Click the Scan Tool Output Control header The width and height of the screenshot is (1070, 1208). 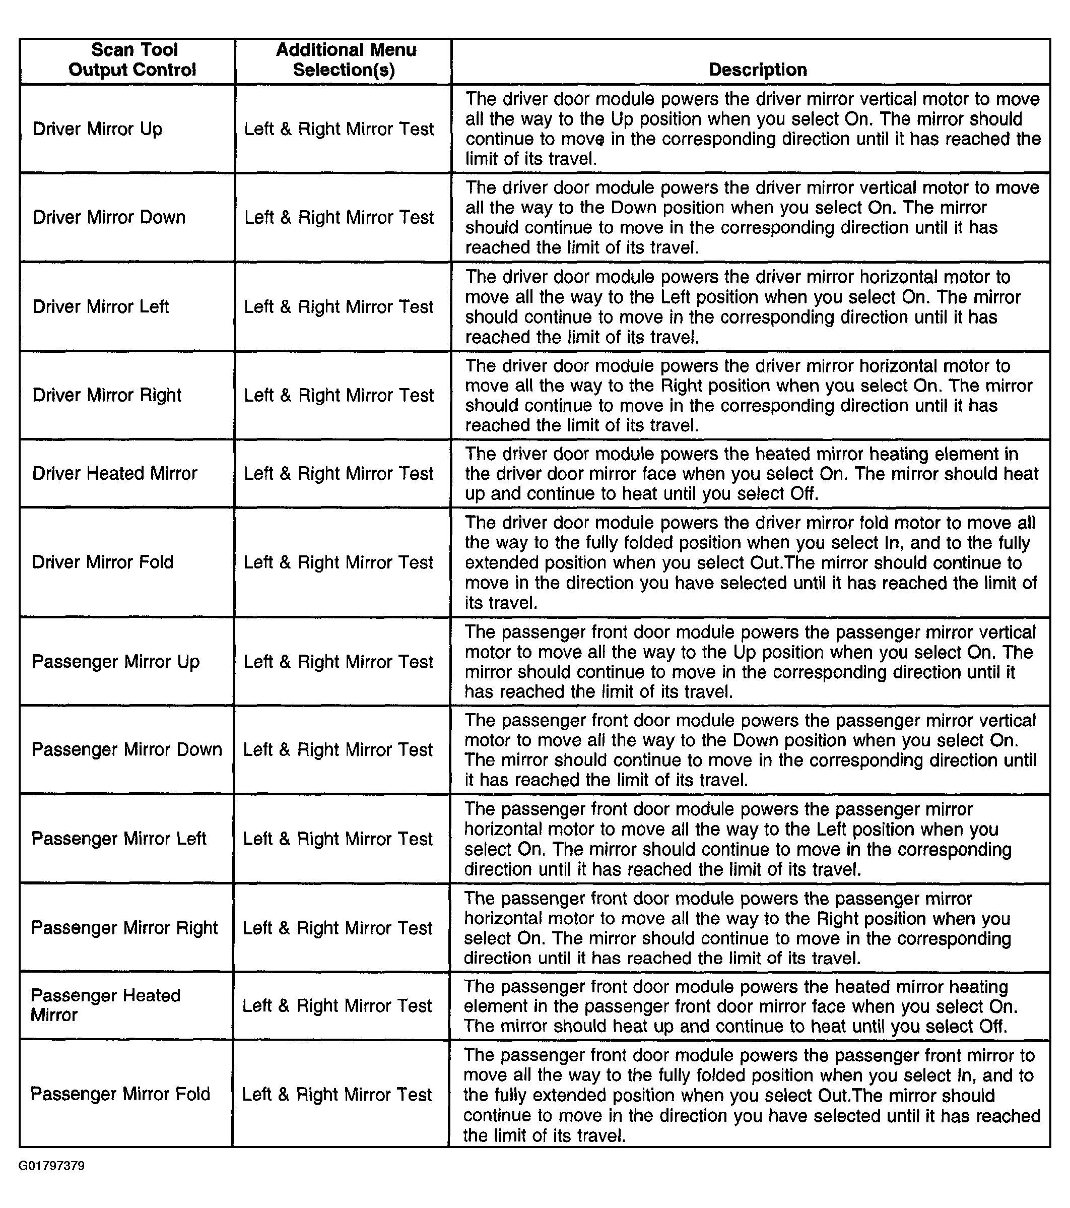pyautogui.click(x=133, y=59)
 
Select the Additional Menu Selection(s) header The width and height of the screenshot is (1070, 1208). pyautogui.click(x=345, y=59)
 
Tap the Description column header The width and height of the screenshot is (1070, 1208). pyautogui.click(x=758, y=70)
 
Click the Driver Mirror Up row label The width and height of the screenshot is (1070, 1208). pyautogui.click(x=98, y=129)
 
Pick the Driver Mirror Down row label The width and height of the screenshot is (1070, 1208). pyautogui.click(x=109, y=218)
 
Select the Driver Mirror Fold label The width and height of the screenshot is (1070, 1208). pyautogui.click(x=103, y=562)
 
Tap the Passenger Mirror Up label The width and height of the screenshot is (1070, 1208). pyautogui.click(x=116, y=662)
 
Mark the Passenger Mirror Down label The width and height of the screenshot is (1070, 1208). pyautogui.click(x=127, y=750)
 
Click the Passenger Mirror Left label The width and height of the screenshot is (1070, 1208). pyautogui.click(x=119, y=839)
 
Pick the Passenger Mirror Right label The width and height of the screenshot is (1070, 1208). pyautogui.click(x=124, y=928)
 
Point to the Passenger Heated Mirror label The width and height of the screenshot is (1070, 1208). pyautogui.click(x=106, y=1005)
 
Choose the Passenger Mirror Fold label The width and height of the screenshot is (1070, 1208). pyautogui.click(x=120, y=1094)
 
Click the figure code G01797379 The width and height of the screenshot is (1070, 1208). pyautogui.click(x=51, y=1166)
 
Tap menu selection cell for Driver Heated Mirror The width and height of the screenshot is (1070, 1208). pyautogui.click(x=339, y=473)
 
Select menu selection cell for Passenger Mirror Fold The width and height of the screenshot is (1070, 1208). pyautogui.click(x=337, y=1095)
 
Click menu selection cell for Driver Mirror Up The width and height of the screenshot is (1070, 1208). pyautogui.click(x=339, y=129)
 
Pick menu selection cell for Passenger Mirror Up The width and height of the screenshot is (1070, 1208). pyautogui.click(x=338, y=662)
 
